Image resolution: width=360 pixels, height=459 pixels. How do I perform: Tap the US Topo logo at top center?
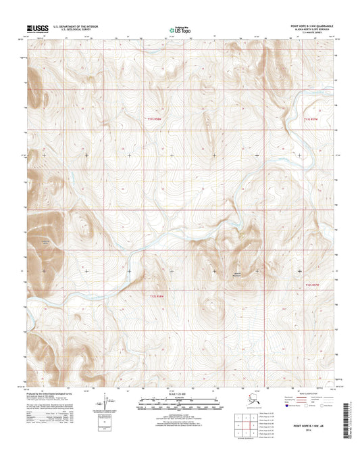(179, 30)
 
